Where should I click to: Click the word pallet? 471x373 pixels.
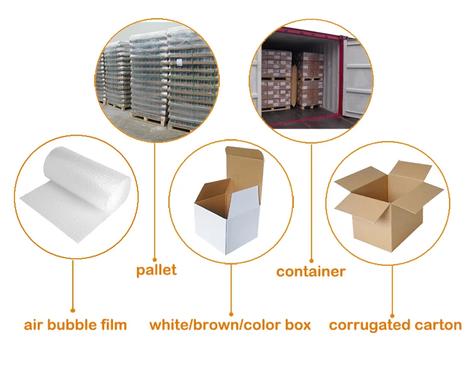tap(156, 270)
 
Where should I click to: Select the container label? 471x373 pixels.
tap(311, 271)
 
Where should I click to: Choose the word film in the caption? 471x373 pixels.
tap(114, 325)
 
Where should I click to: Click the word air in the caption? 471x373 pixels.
tap(33, 326)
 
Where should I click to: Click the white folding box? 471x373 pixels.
tap(223, 219)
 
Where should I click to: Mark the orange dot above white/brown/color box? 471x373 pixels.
tap(230, 313)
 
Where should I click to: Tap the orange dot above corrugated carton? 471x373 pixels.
tap(393, 315)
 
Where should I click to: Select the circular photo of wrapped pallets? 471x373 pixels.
tap(157, 78)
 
